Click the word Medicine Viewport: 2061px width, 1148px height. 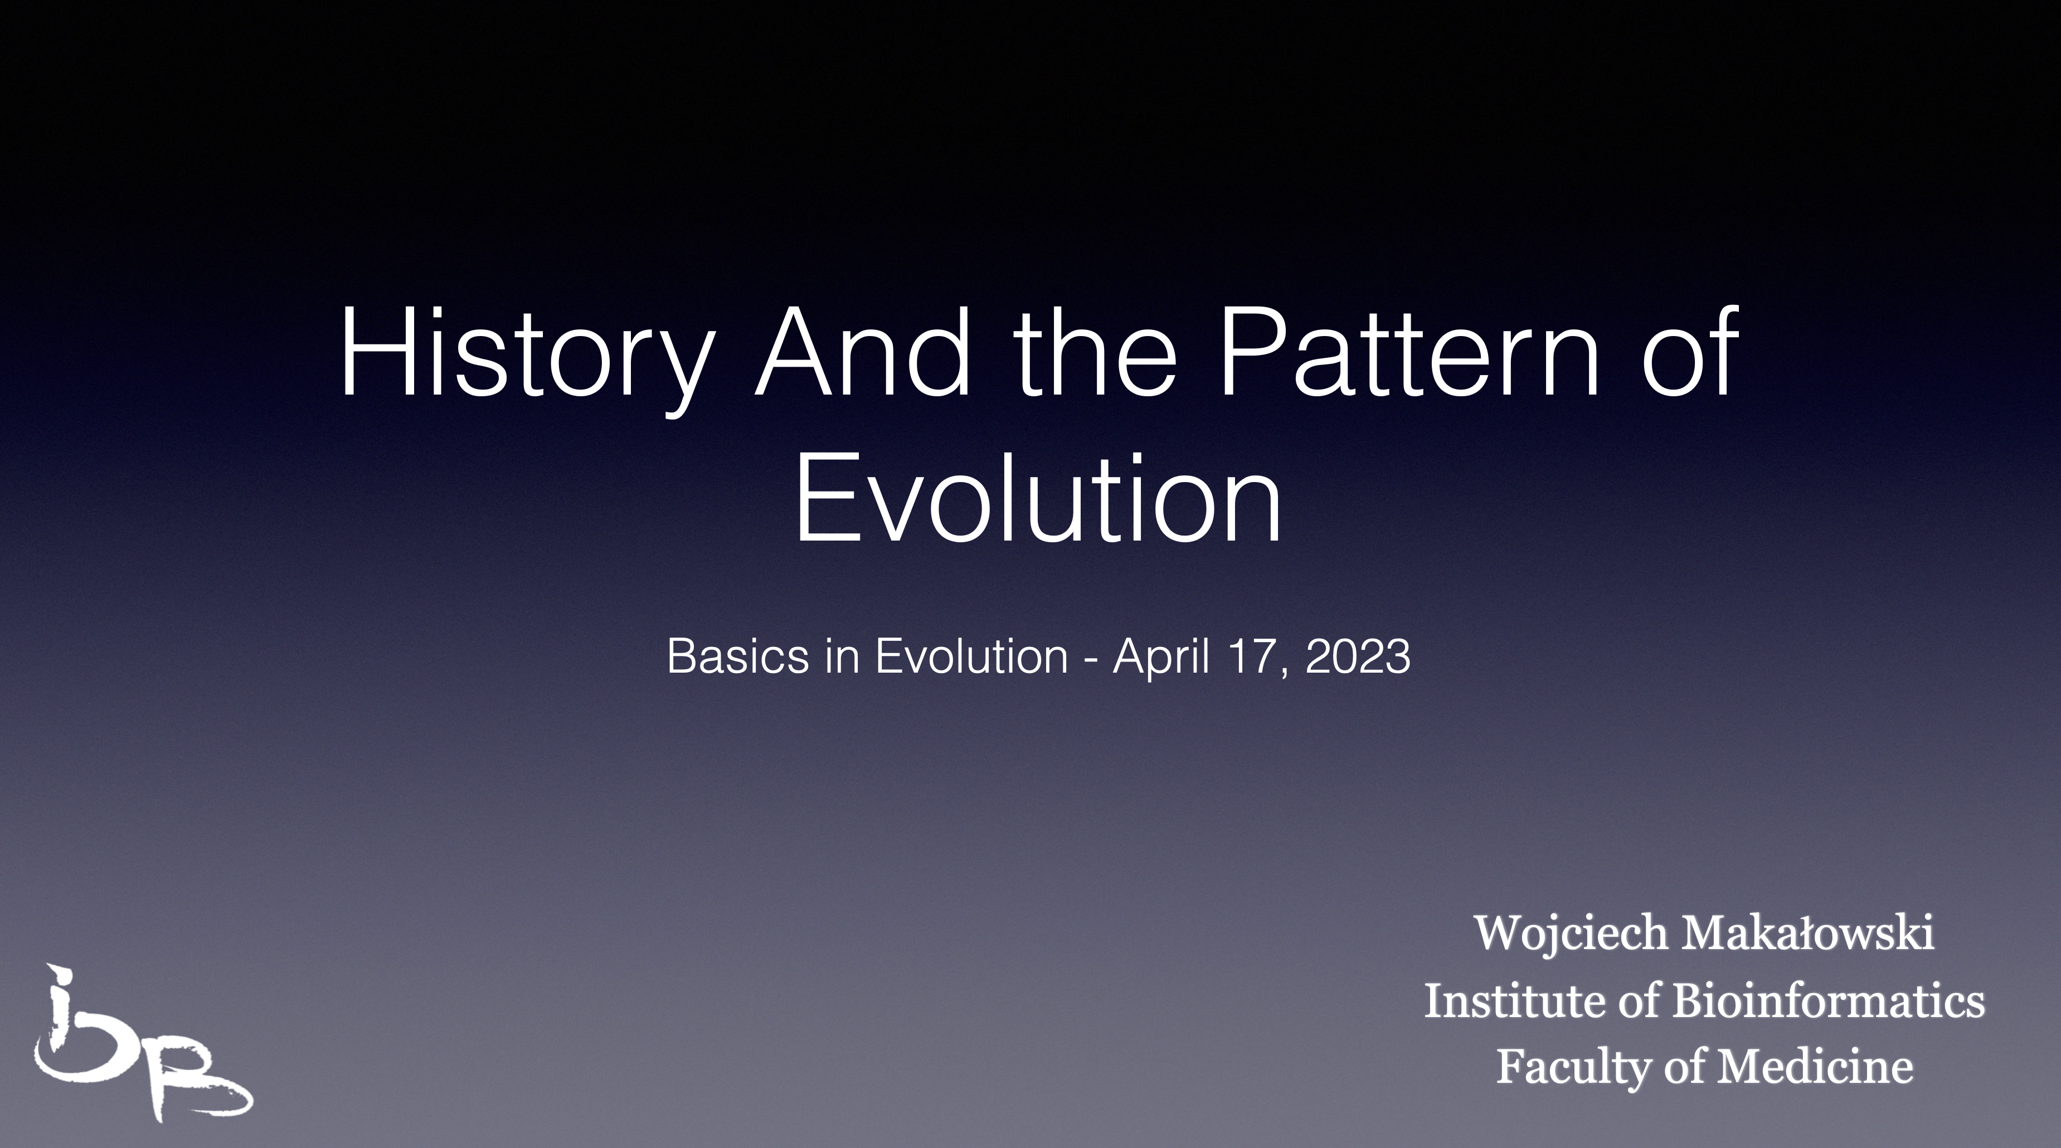(1816, 1067)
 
